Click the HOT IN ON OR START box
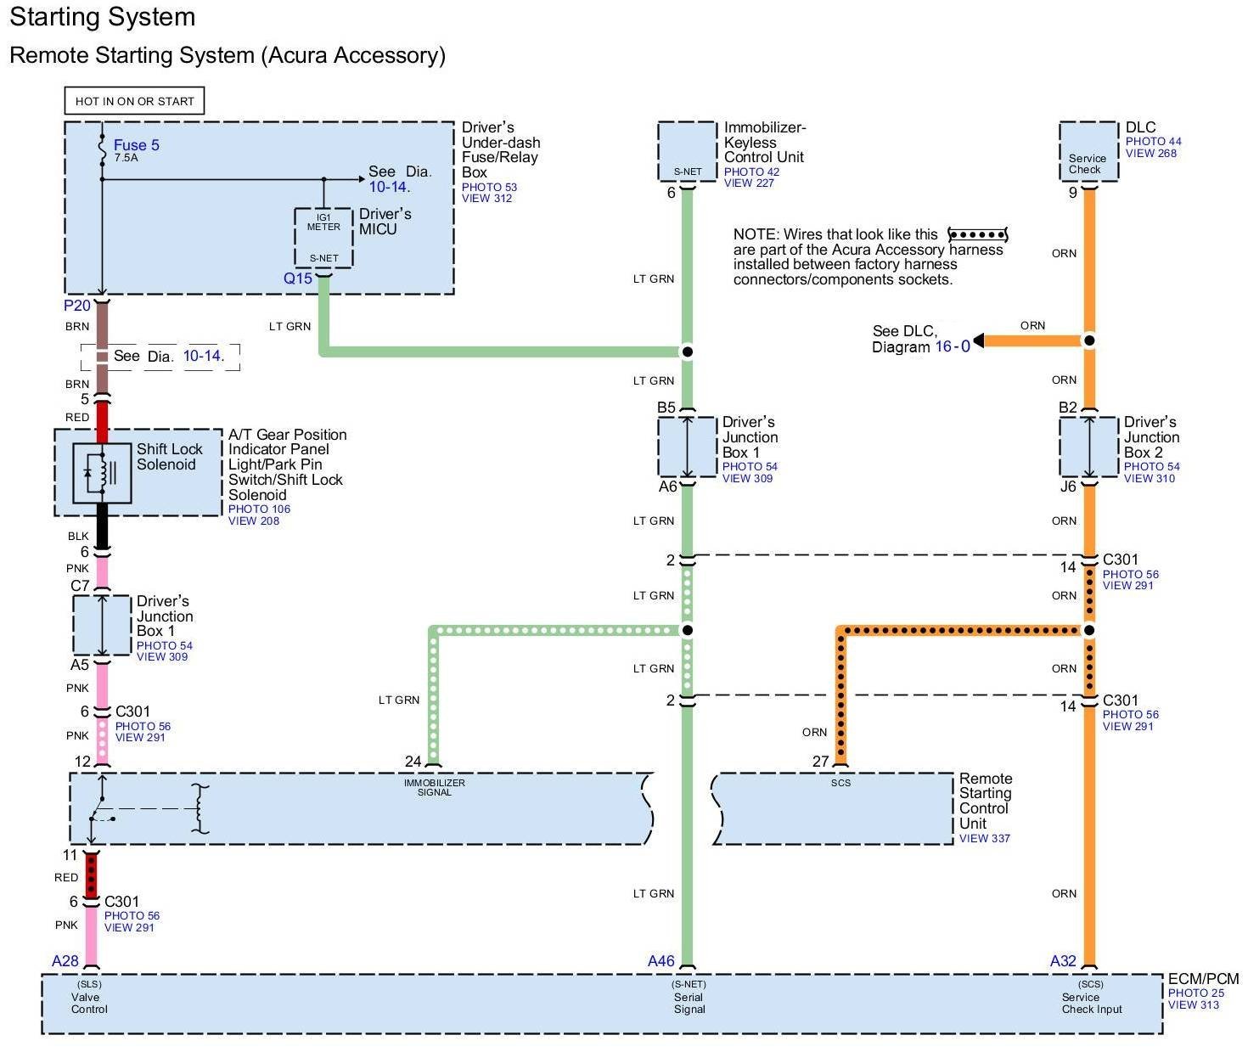(134, 100)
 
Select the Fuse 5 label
(137, 145)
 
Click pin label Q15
(298, 278)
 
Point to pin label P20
(77, 306)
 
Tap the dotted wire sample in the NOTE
(977, 234)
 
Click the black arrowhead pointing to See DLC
(978, 340)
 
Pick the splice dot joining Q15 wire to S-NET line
(688, 352)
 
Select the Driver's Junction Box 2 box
(1088, 447)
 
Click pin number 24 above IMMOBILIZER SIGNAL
(413, 761)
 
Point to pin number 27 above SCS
(820, 761)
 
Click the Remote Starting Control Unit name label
(985, 801)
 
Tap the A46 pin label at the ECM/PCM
(661, 961)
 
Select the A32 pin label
(1063, 961)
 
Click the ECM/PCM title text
(1202, 979)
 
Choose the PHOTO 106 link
(259, 509)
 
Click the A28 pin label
(65, 961)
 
